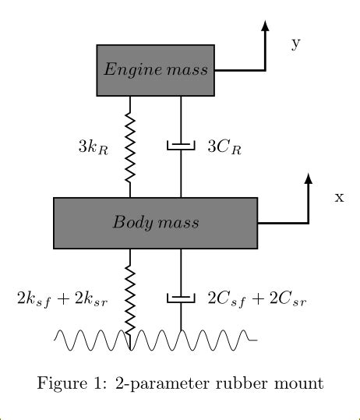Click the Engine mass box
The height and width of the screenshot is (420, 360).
coord(155,70)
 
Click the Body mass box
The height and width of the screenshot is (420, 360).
coord(155,223)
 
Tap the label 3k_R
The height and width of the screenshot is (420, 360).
coord(93,146)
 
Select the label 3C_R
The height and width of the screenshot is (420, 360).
coord(224,146)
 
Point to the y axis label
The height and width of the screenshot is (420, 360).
coord(295,43)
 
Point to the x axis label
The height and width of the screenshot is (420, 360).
coord(339,197)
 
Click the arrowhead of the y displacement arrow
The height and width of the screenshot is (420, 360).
coord(266,24)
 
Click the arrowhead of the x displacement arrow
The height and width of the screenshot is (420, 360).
coord(309,178)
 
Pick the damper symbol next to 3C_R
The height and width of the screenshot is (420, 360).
coord(181,146)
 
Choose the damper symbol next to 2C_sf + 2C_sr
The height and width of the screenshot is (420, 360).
coord(181,298)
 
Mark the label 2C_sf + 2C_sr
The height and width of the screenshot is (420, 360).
coord(255,298)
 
